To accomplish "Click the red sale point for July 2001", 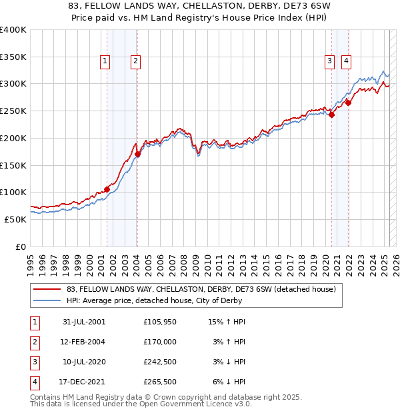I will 107,189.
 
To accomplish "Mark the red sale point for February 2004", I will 137,154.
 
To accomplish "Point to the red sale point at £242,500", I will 331,115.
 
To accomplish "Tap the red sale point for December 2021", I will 348,103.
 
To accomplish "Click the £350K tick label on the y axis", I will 13,57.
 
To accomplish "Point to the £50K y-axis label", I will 15,219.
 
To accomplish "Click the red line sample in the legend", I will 47,290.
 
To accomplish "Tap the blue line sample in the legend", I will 47,300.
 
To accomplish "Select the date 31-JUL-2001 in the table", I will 84,322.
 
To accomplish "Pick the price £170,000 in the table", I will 160,342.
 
